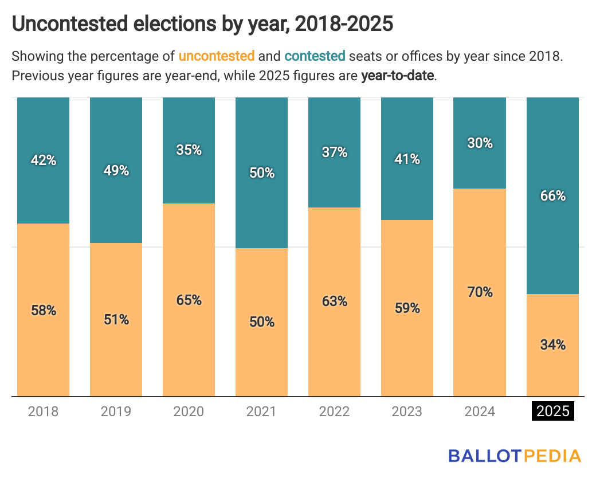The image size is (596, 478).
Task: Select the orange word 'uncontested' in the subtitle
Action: tap(217, 56)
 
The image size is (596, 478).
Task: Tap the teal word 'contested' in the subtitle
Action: tap(315, 56)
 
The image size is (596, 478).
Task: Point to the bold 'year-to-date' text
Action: tap(398, 76)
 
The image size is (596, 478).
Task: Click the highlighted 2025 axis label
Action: tap(553, 411)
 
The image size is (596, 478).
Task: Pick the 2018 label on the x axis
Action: tap(44, 411)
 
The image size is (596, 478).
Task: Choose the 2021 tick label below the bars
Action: tap(261, 411)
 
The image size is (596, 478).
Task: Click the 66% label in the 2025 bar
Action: tap(553, 195)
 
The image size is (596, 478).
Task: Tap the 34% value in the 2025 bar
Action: tap(553, 344)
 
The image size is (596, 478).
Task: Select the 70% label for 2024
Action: tap(480, 292)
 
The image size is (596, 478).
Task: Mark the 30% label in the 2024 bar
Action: tap(480, 143)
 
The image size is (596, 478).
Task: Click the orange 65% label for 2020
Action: tap(189, 299)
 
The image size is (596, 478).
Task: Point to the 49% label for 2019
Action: tap(116, 170)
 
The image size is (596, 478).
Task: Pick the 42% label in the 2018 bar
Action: tap(44, 160)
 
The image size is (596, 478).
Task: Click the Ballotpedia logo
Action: tap(514, 456)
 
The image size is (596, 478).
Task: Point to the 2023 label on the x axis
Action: tap(407, 411)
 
